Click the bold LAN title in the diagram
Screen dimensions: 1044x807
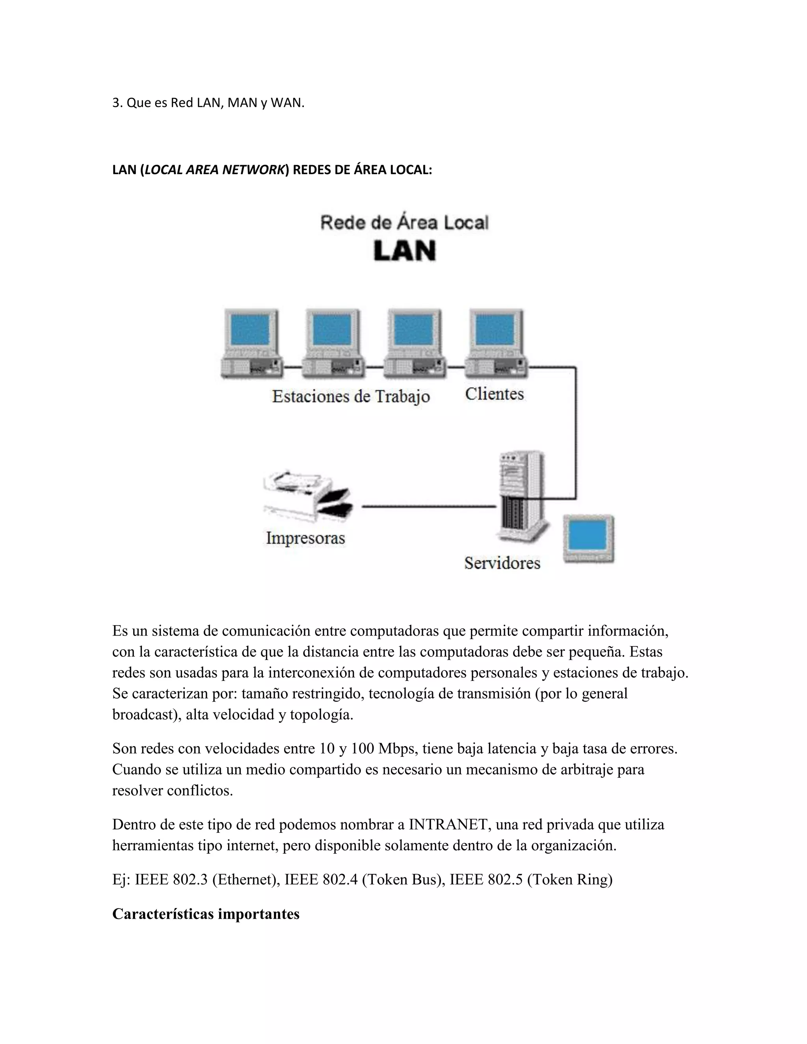click(404, 251)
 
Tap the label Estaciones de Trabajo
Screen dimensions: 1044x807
click(351, 396)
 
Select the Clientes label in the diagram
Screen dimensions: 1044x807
click(495, 394)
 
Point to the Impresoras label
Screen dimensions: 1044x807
click(305, 538)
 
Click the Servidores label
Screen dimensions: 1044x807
click(502, 563)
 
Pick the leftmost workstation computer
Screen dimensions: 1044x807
click(251, 344)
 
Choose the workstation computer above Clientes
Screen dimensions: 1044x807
click(496, 344)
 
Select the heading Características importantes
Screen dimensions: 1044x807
click(206, 914)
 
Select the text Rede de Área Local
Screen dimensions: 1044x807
click(404, 223)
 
